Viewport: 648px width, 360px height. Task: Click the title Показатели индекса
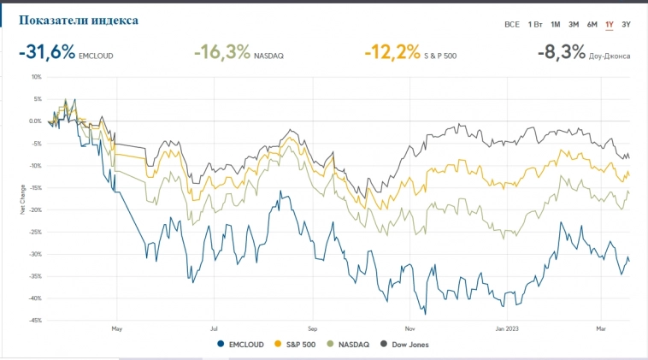pos(78,20)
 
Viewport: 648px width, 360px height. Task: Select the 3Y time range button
pos(626,24)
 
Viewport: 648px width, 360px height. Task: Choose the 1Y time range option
pos(610,24)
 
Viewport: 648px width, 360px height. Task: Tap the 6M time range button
pos(592,24)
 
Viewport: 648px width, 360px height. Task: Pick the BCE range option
pos(511,24)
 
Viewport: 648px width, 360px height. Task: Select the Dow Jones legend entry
pos(405,345)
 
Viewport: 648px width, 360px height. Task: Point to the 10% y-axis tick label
pos(36,77)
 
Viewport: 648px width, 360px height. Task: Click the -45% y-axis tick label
pos(35,321)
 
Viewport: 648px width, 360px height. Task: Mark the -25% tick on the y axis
pos(35,232)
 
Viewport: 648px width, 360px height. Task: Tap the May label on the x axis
pos(117,327)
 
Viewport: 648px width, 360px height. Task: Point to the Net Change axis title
pos(22,198)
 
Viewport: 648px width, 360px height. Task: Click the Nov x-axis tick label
pos(409,327)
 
